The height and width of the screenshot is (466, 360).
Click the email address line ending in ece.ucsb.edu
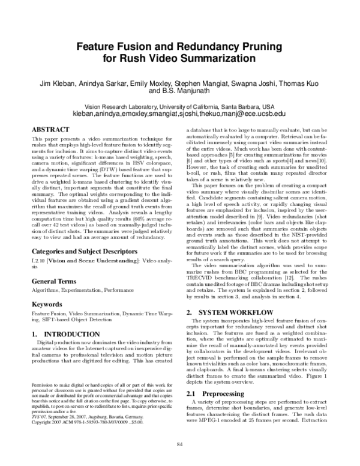tap(179, 112)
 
